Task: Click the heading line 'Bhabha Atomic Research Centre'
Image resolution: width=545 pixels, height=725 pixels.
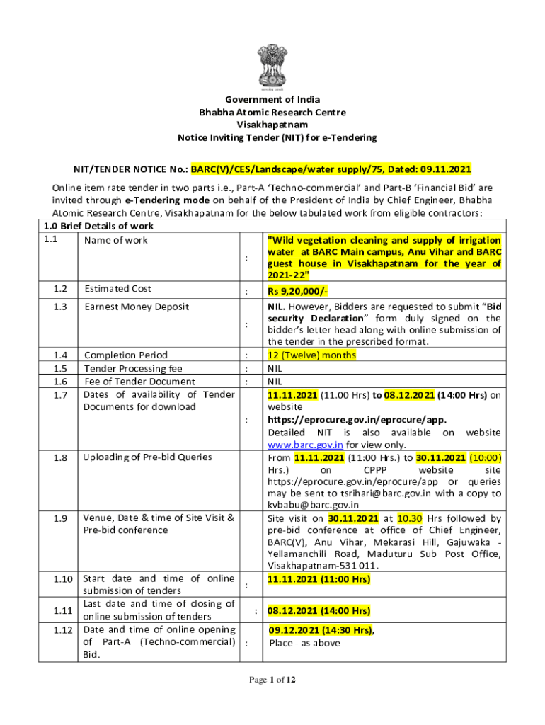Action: pyautogui.click(x=272, y=112)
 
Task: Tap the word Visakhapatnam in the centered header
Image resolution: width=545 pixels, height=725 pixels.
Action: pyautogui.click(x=272, y=125)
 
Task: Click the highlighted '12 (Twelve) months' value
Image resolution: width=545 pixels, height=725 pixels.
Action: pyautogui.click(x=311, y=355)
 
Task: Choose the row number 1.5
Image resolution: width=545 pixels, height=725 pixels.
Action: pyautogui.click(x=60, y=369)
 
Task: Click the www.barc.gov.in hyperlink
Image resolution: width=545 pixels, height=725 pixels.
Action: pyautogui.click(x=305, y=445)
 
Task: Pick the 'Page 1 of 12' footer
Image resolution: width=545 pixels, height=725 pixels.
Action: pyautogui.click(x=272, y=680)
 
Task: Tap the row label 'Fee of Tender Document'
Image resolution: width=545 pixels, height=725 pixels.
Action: pyautogui.click(x=139, y=382)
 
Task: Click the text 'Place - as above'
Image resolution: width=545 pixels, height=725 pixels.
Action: pyautogui.click(x=304, y=643)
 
